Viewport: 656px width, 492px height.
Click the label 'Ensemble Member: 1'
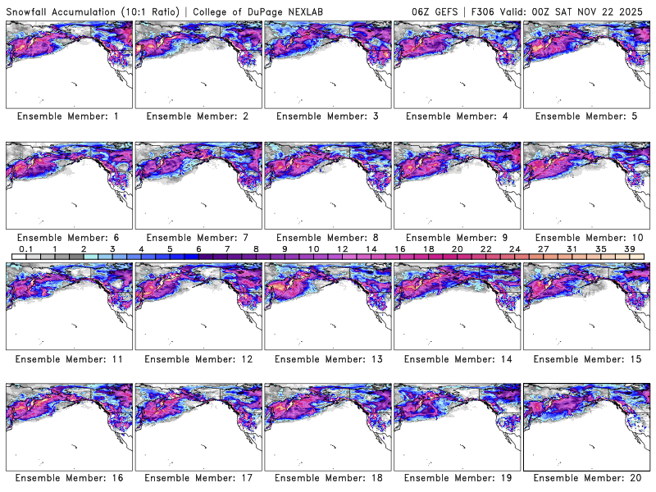[68, 116]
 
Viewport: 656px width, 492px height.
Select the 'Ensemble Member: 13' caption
[326, 358]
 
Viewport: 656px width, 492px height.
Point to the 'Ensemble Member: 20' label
[585, 478]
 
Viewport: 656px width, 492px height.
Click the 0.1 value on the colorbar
[25, 248]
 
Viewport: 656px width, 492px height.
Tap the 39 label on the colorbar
[630, 248]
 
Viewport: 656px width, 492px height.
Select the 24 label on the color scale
[514, 248]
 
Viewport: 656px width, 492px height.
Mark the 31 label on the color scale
[572, 248]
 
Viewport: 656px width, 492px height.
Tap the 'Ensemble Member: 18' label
[326, 478]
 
